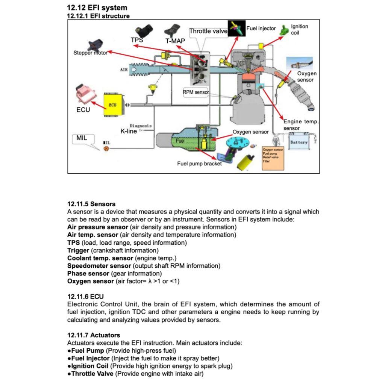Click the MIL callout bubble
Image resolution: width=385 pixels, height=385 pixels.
pos(82,138)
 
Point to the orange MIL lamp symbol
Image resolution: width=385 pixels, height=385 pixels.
pos(106,149)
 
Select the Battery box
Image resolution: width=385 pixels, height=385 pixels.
pos(299,142)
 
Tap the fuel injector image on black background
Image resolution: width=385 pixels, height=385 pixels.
pos(236,29)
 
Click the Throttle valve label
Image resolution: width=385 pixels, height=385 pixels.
pos(208,31)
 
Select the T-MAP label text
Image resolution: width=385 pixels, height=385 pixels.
pos(175,41)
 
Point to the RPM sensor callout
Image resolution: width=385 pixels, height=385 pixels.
pos(196,92)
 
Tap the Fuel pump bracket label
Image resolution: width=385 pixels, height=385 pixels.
pos(199,164)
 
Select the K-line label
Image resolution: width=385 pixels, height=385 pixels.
pos(129,131)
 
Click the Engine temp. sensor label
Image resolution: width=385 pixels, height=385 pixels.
pos(301,125)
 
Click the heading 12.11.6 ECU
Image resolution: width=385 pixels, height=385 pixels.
pos(85,297)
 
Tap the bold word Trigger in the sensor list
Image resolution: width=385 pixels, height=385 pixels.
pos(78,250)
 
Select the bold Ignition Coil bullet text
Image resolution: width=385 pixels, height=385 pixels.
pos(90,366)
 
